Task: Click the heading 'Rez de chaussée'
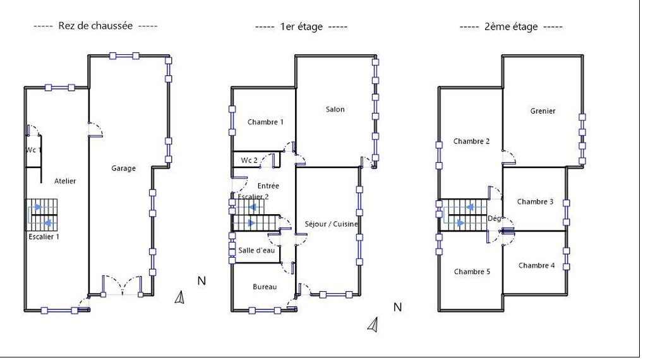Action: coord(95,26)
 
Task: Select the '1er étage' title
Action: coord(301,27)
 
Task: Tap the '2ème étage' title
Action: coord(511,27)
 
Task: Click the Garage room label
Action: coord(124,168)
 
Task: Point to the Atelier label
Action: coord(65,181)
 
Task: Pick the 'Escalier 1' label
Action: coord(44,236)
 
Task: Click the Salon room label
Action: coord(335,109)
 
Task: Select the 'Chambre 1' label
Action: coord(265,122)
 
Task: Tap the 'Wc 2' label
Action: coord(249,160)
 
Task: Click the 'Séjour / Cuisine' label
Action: coord(331,224)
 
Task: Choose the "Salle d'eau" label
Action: coord(256,250)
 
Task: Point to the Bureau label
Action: coord(265,287)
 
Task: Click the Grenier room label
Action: coord(543,111)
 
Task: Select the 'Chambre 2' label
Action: coord(472,141)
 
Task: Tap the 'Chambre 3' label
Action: coord(535,201)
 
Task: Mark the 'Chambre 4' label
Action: coord(537,265)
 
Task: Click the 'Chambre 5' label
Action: coord(472,272)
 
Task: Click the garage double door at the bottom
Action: coord(122,285)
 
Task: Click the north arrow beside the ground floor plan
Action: coord(180,297)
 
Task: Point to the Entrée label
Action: coord(268,186)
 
